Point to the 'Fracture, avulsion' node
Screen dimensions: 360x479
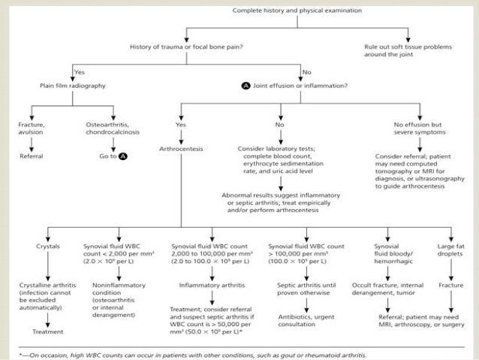click(33, 128)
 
